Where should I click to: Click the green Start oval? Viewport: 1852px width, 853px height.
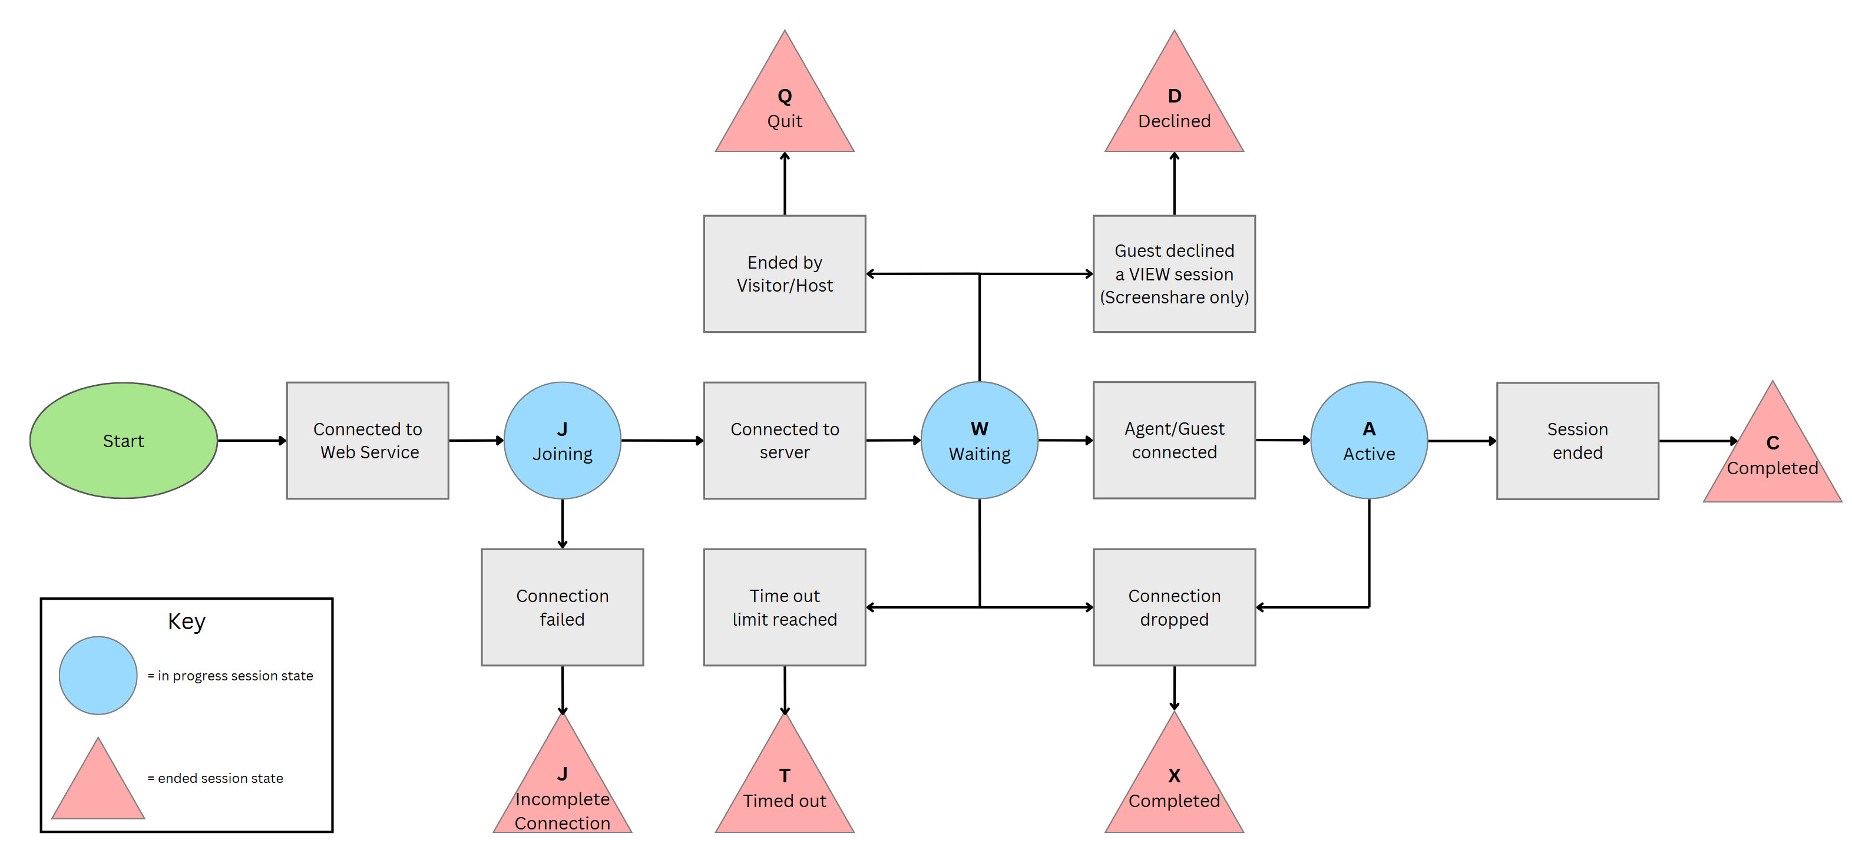click(123, 440)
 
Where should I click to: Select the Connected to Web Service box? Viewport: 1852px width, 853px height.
click(368, 440)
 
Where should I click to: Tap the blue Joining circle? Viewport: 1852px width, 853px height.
click(562, 440)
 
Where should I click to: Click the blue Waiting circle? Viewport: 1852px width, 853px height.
click(979, 440)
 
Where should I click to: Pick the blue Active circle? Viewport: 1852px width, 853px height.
click(1369, 440)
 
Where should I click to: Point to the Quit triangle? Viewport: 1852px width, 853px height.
click(785, 108)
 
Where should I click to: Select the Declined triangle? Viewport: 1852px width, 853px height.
click(1174, 108)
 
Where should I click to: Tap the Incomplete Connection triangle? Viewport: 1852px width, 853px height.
click(562, 791)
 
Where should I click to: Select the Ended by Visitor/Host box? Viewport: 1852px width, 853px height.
click(785, 273)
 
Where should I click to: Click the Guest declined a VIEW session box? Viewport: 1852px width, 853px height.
click(1174, 273)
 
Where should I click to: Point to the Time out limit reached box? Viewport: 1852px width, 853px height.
click(785, 607)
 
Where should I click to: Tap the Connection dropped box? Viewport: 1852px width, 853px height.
click(1174, 607)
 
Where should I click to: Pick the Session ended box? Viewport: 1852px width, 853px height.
click(1577, 440)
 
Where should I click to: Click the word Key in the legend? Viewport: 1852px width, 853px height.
click(186, 621)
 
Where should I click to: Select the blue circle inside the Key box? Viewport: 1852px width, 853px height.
click(98, 675)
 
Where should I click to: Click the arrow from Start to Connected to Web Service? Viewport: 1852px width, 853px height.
click(252, 440)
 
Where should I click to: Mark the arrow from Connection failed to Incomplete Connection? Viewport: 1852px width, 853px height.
click(562, 689)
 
